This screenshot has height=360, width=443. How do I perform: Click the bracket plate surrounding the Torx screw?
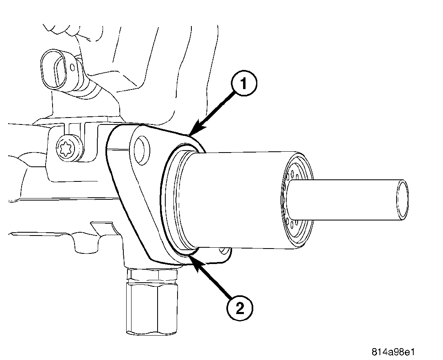click(61, 163)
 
